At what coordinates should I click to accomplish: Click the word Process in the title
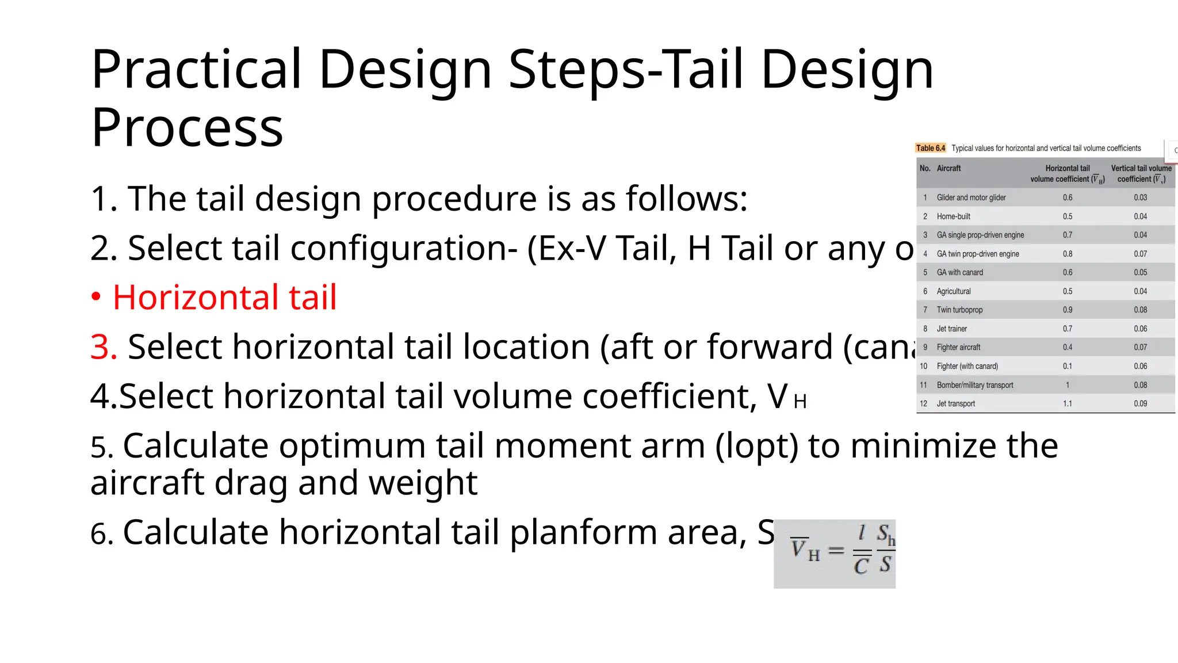coord(187,128)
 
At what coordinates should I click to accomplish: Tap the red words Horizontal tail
coord(224,298)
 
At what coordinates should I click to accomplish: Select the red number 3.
coord(104,347)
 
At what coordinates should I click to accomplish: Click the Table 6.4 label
coord(930,148)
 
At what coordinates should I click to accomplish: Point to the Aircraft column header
coord(948,169)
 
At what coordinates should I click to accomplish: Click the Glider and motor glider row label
coord(971,198)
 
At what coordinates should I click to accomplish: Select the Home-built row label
coord(953,216)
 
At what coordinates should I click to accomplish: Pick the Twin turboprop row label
coord(959,310)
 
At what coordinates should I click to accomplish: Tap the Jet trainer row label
coord(951,329)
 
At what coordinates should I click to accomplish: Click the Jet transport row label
coord(955,404)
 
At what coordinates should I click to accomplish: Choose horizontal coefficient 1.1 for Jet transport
coord(1067,404)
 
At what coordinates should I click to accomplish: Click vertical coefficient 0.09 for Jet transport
coord(1140,404)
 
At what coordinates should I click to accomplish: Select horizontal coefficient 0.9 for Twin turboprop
coord(1067,310)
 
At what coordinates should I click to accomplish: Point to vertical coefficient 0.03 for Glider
coord(1140,198)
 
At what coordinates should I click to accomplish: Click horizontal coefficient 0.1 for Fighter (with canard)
coord(1067,367)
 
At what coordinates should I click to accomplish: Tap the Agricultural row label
coord(953,292)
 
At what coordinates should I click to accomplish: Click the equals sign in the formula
coord(836,551)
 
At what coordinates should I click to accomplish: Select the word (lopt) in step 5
coord(756,447)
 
